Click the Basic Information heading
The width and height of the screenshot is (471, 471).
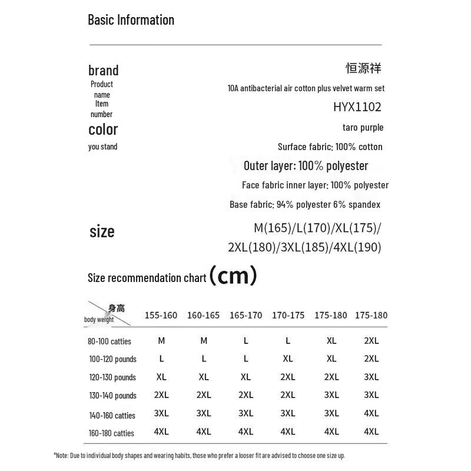click(x=131, y=19)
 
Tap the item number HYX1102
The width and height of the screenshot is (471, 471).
click(x=357, y=107)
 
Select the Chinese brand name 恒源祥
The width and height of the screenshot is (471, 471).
click(x=363, y=68)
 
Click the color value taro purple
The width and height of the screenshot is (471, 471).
click(x=363, y=127)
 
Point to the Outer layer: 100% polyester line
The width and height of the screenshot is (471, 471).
click(x=306, y=165)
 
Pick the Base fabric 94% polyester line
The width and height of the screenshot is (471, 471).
click(x=305, y=204)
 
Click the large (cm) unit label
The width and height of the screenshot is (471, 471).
click(x=233, y=275)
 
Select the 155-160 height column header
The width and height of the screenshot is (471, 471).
click(x=161, y=315)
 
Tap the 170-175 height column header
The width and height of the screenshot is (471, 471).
click(x=288, y=315)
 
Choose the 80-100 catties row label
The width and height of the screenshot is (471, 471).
click(x=110, y=341)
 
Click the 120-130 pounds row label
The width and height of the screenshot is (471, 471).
click(x=112, y=377)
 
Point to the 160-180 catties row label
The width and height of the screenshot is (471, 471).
click(x=111, y=433)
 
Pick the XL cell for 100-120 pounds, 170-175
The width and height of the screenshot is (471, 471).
click(x=288, y=359)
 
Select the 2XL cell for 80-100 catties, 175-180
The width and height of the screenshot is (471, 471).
click(x=372, y=340)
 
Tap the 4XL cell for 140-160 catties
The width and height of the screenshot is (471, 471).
click(x=372, y=413)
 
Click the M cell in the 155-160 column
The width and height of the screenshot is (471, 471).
click(x=161, y=340)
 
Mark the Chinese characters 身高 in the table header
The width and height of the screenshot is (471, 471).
click(x=117, y=308)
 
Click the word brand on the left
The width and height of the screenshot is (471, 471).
click(x=103, y=71)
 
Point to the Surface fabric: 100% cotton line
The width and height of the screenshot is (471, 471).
click(x=330, y=147)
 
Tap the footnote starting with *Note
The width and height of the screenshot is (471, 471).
click(x=199, y=455)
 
